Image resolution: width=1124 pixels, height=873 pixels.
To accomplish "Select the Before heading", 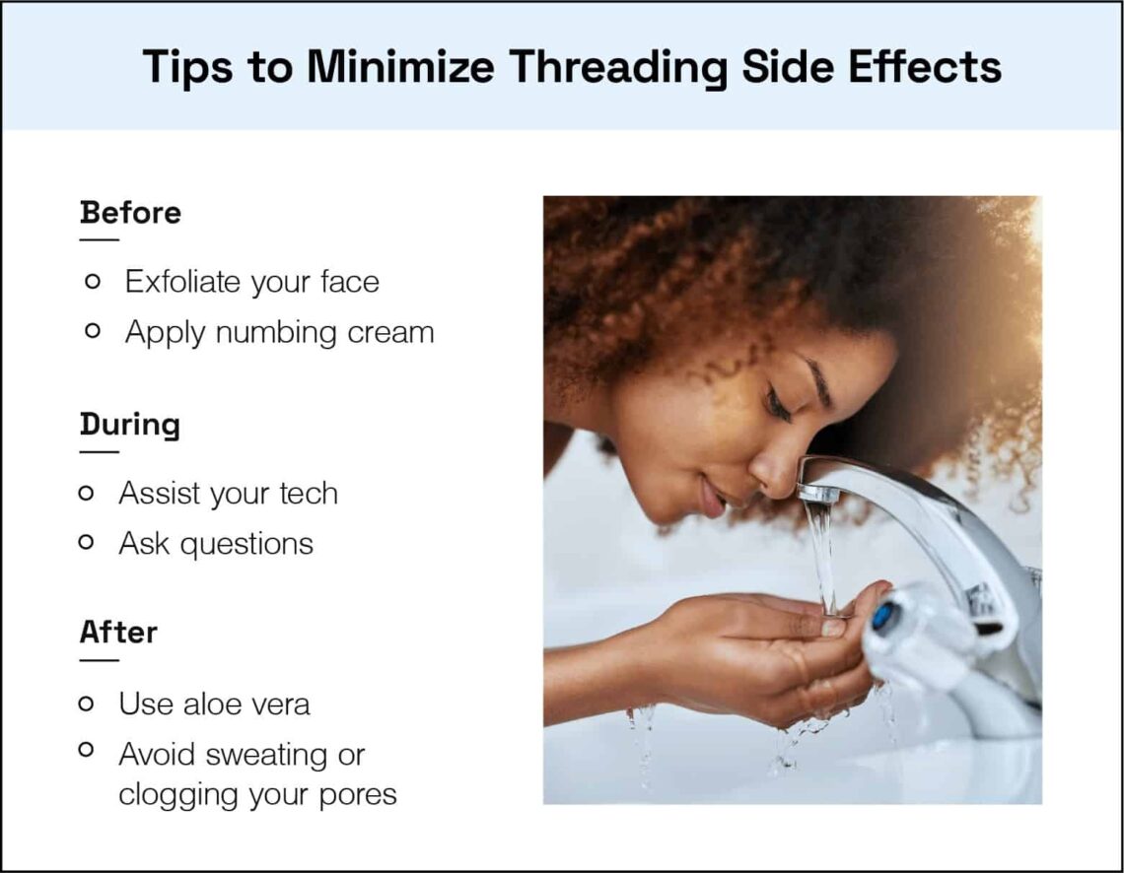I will point(130,213).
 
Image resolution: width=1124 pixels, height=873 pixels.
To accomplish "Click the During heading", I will point(129,425).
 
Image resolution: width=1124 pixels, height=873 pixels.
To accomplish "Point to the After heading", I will point(118,632).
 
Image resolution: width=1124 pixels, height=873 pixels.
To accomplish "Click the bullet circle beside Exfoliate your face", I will point(93,282).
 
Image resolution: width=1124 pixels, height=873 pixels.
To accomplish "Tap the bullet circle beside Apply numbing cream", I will point(93,332).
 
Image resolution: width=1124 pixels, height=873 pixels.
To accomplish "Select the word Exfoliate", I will point(183,282).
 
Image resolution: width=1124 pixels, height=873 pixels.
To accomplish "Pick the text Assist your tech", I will point(228,493).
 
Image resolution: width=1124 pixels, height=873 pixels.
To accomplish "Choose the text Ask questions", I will point(216,543).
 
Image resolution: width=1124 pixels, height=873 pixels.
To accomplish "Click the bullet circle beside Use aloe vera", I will point(87,704).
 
